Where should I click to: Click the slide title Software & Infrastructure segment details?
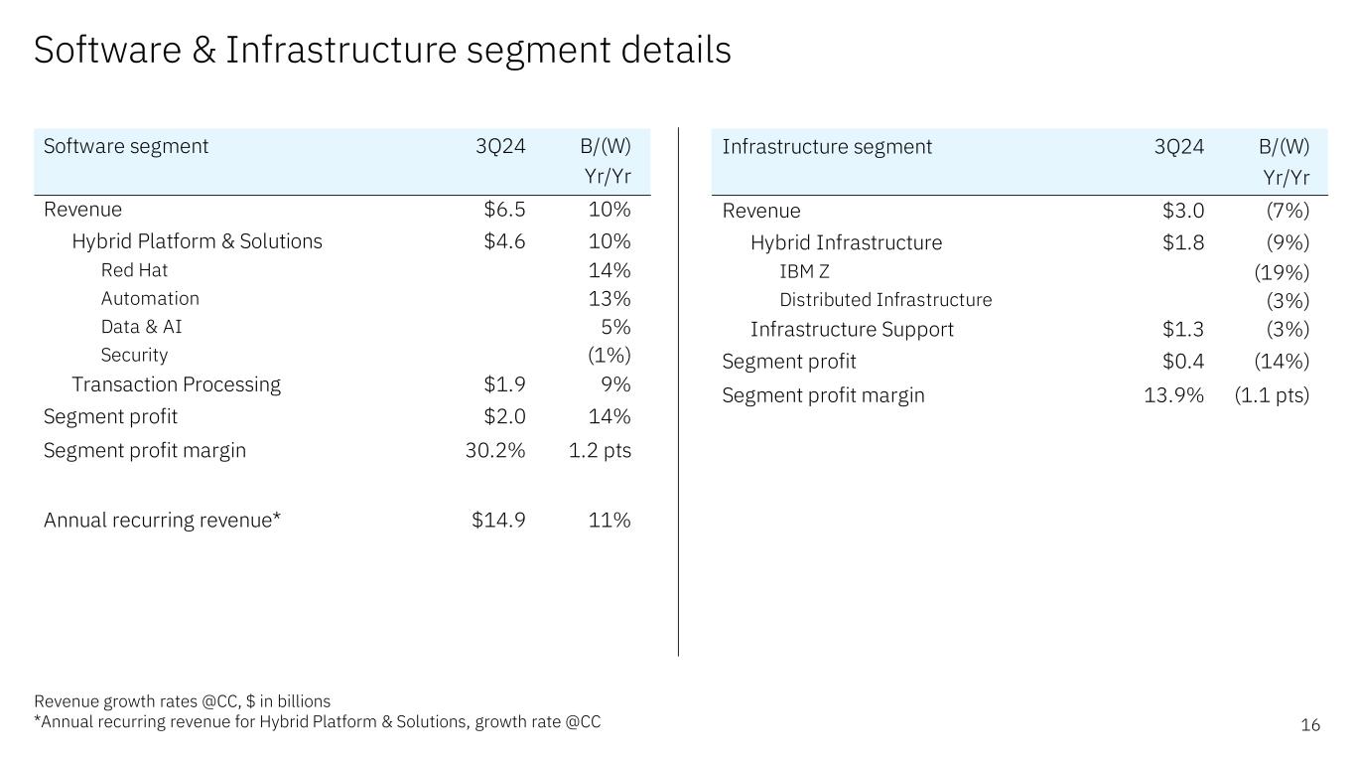pos(382,50)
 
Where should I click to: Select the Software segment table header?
pos(126,146)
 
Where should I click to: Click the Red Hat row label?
pos(134,270)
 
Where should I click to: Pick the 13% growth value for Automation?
pos(610,298)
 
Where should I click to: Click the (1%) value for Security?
pos(610,355)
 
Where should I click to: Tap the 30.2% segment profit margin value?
pos(495,450)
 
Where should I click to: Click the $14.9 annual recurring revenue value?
pos(498,520)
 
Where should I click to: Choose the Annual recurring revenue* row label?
pos(163,520)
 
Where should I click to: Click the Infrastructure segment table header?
pos(827,147)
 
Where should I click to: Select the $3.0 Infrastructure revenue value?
pos(1183,211)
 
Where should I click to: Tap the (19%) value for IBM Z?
pos(1282,272)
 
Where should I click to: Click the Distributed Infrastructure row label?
pos(885,300)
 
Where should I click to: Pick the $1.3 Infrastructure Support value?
pos(1183,329)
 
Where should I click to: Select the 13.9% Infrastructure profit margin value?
pos(1174,395)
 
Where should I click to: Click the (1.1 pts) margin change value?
pos(1272,395)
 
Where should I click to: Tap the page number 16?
pos(1310,725)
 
